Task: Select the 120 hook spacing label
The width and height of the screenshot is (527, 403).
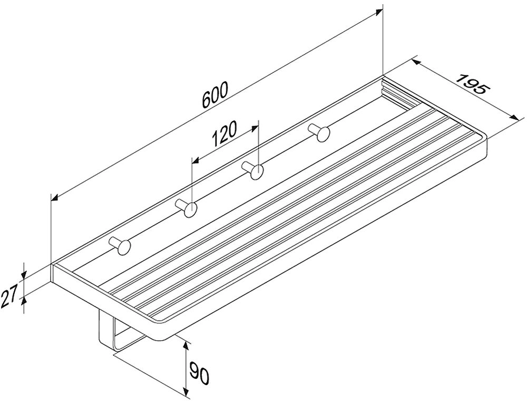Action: (x=224, y=133)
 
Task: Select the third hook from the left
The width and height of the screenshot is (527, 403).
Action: (x=253, y=170)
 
